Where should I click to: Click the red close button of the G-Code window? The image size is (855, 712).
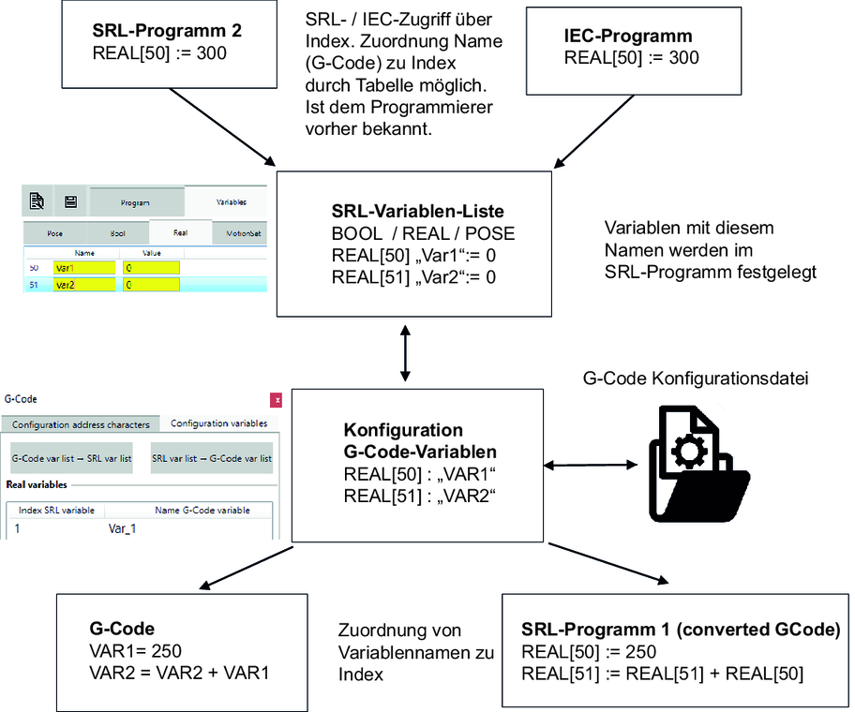(277, 400)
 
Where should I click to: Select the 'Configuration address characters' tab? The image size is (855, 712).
(81, 424)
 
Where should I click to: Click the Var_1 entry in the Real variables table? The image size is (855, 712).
(122, 529)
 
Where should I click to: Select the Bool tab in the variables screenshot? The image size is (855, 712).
(118, 232)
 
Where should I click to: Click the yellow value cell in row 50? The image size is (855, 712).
(152, 268)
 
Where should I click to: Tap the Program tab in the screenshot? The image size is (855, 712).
(135, 201)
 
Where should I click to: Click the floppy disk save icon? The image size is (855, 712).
(70, 200)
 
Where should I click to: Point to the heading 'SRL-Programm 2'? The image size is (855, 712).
(167, 31)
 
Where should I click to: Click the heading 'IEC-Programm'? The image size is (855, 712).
(628, 37)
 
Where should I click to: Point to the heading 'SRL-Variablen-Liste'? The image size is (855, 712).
(412, 212)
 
